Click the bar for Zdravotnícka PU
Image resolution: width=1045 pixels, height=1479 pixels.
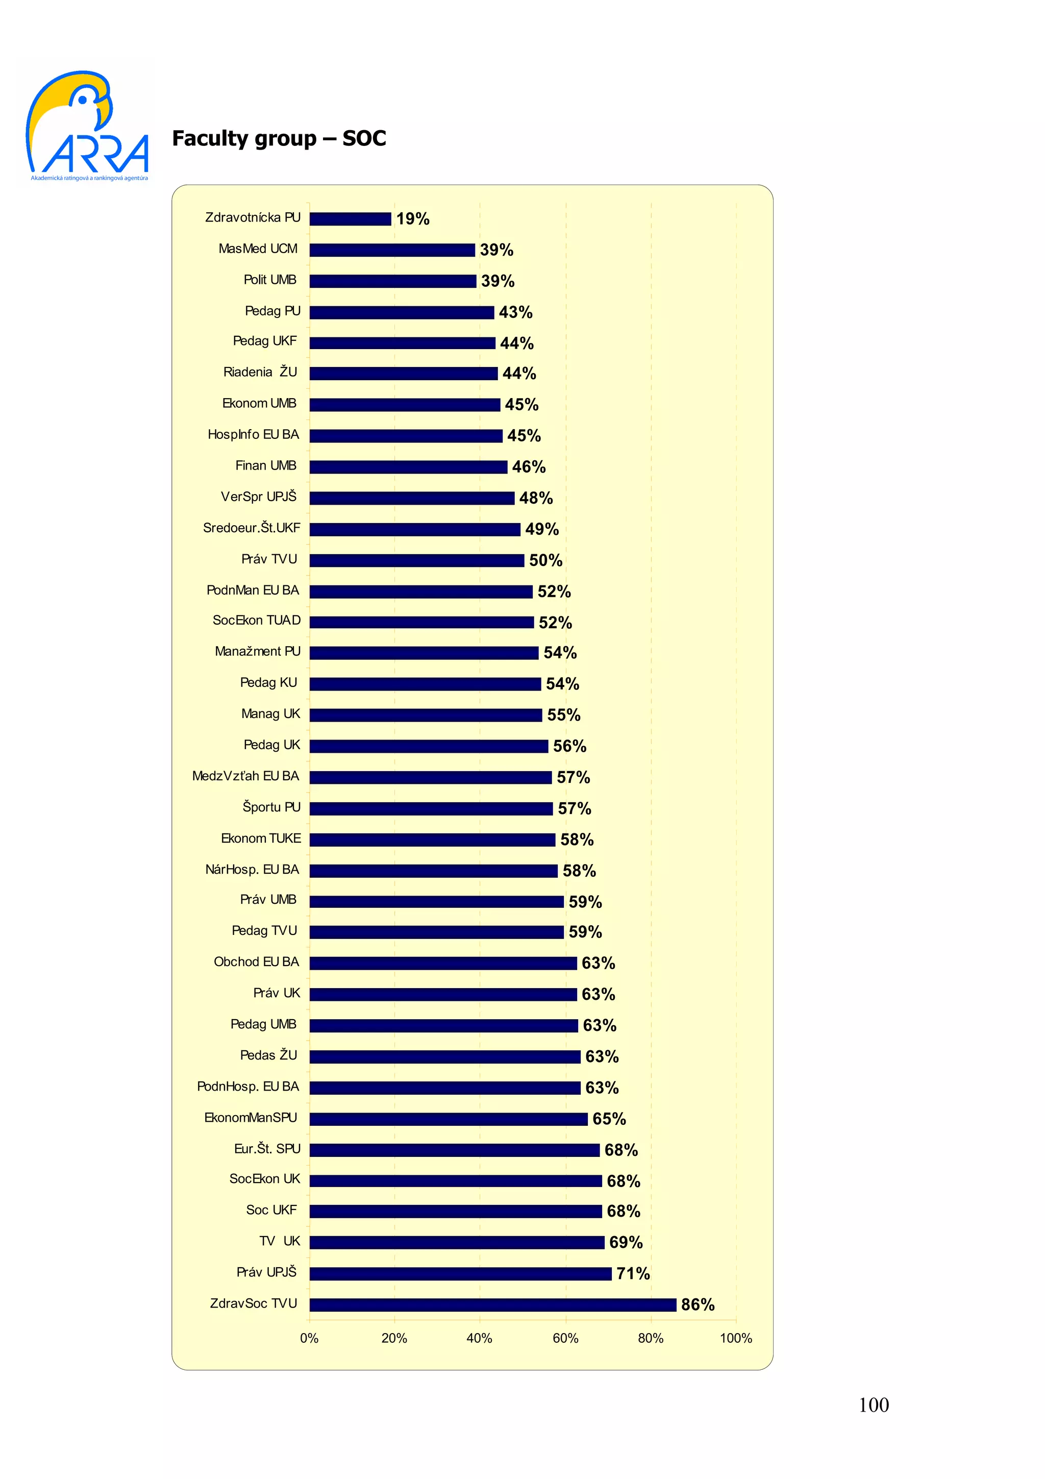[350, 219]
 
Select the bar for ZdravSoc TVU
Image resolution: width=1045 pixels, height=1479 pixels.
[492, 1304]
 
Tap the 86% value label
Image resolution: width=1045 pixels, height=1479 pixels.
[698, 1304]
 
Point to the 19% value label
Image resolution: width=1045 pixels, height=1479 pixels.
[413, 219]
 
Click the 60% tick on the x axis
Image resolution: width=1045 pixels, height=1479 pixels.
[565, 1338]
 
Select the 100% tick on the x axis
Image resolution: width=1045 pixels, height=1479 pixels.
[735, 1338]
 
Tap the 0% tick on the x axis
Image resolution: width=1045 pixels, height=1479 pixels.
[309, 1338]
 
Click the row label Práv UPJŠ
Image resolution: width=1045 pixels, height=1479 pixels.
[266, 1272]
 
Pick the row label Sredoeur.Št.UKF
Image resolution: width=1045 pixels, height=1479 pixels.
[252, 528]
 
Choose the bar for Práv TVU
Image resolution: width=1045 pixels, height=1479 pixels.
[416, 560]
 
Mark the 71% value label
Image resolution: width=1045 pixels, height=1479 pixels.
[633, 1273]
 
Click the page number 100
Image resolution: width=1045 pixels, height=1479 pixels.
[873, 1405]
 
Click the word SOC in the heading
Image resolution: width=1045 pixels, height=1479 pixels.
[364, 138]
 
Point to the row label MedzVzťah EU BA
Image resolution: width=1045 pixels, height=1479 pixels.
[245, 776]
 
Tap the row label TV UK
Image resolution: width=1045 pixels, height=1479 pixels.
[280, 1241]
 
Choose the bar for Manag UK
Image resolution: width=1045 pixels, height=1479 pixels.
[426, 715]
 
